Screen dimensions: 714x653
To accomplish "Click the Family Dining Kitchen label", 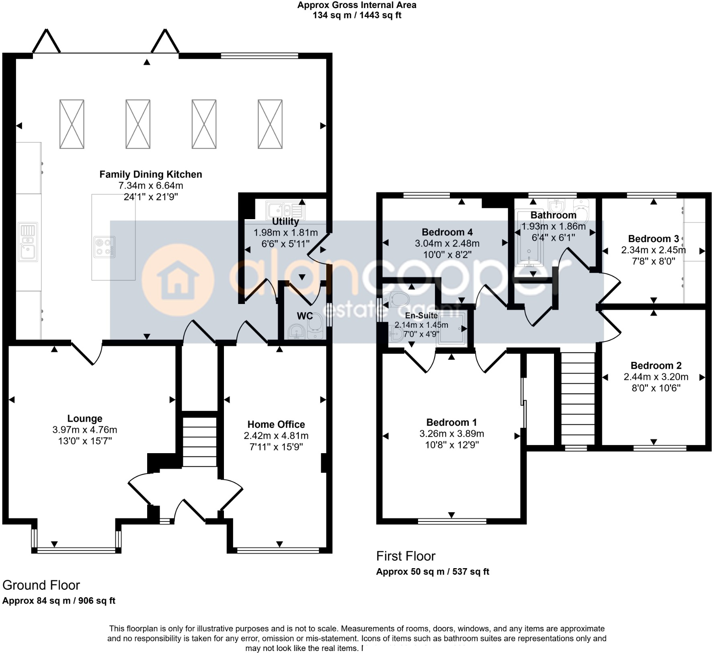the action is point(150,175).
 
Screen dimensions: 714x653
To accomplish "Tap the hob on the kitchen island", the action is point(104,247).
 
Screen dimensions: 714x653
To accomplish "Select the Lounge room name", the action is point(84,419).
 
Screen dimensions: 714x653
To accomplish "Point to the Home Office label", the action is point(276,424).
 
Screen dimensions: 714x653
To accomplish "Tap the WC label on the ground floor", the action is point(305,316).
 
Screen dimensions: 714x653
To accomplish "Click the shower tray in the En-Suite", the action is point(453,329).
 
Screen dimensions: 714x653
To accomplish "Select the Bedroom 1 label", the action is point(451,422).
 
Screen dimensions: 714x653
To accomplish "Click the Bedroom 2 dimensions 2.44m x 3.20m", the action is point(656,377).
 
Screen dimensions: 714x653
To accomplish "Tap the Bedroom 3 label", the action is point(653,239).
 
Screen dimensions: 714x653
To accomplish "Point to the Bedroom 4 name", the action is point(447,232).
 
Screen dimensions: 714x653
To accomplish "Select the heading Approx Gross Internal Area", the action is point(357,5).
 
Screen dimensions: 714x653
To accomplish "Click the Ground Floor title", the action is point(41,585).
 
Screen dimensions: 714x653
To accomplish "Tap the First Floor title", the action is point(406,556).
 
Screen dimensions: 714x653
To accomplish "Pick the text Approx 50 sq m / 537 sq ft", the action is point(432,572).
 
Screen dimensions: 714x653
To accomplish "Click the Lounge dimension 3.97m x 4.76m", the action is point(84,430).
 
